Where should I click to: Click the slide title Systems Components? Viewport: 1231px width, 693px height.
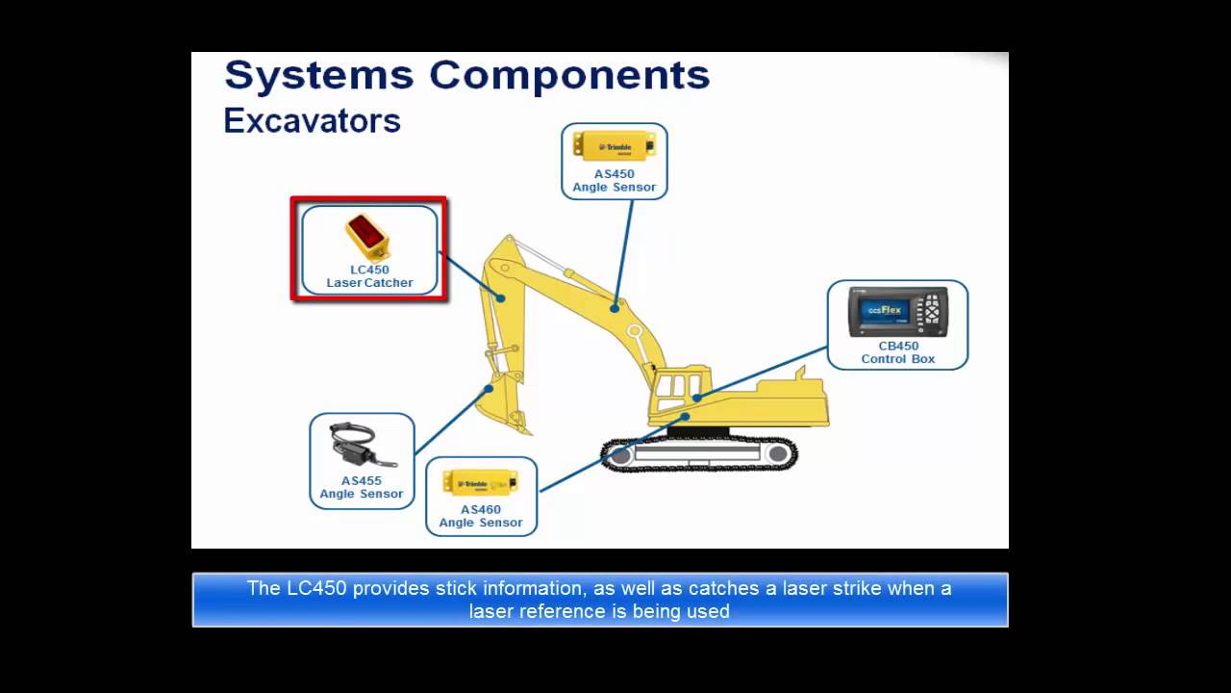tap(466, 76)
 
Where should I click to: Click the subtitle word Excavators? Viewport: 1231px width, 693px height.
tap(312, 121)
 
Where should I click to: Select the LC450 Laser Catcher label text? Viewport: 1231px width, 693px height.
tap(369, 276)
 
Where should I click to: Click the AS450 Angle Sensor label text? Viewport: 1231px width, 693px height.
tap(614, 181)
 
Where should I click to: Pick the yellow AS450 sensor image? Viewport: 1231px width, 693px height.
tap(614, 146)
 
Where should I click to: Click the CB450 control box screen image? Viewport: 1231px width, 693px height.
tap(897, 312)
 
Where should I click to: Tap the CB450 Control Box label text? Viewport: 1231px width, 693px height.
tap(897, 352)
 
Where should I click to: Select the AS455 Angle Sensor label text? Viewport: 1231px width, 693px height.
tap(362, 487)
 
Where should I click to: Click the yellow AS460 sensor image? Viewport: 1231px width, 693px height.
tap(480, 482)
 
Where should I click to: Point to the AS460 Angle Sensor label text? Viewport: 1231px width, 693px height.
tap(481, 516)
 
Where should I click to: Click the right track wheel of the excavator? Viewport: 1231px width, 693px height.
tap(777, 453)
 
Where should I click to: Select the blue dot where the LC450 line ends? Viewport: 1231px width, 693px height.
tap(501, 298)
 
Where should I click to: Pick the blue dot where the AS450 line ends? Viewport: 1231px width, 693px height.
tap(615, 309)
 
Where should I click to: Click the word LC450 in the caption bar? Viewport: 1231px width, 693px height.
tap(315, 588)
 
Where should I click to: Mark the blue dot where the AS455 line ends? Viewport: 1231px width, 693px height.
tap(490, 388)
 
